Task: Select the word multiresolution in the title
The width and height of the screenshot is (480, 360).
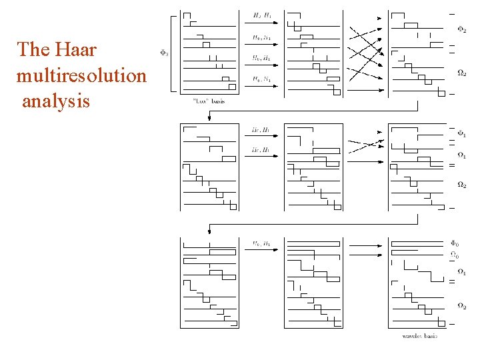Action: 81,75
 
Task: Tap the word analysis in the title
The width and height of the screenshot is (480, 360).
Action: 56,101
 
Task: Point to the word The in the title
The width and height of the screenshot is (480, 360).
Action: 31,50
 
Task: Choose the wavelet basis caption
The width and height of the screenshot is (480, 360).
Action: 419,336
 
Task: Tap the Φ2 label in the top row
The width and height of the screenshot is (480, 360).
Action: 461,29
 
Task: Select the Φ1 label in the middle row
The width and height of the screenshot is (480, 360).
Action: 461,135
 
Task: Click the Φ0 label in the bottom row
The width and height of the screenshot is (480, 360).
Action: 454,243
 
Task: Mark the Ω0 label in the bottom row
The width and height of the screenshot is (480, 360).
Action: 454,254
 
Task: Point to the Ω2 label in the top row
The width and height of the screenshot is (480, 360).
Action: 461,73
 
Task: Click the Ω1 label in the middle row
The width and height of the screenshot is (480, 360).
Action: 461,156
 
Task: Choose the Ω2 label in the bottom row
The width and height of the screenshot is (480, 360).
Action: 461,305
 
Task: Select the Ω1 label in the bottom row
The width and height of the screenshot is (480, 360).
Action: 461,272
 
